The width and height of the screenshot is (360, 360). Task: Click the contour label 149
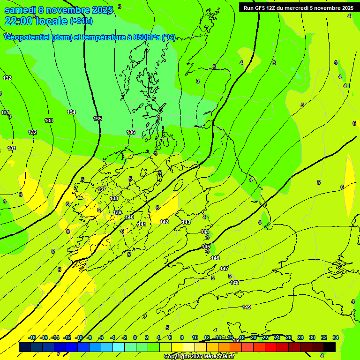coord(247,307)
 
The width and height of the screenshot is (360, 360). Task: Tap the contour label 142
coord(164,222)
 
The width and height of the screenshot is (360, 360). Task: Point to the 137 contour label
coord(102,189)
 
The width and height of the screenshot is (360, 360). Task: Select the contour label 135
coord(97,119)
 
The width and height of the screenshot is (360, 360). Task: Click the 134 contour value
coord(71,112)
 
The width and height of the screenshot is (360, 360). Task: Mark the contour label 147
coord(224,269)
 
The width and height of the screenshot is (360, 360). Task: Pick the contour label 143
coord(186,222)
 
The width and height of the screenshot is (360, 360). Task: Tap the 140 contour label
coord(129,217)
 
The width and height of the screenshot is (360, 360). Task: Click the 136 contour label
coord(131,132)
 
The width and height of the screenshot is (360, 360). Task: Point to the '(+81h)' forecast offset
coord(81,21)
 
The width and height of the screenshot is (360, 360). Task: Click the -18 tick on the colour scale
coord(32,337)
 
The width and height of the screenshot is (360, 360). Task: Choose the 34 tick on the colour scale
coord(336,337)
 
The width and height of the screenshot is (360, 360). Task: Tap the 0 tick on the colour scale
coord(135,337)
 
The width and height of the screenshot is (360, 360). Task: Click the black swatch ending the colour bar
coord(330,347)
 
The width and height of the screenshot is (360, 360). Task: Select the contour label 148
coord(234,283)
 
